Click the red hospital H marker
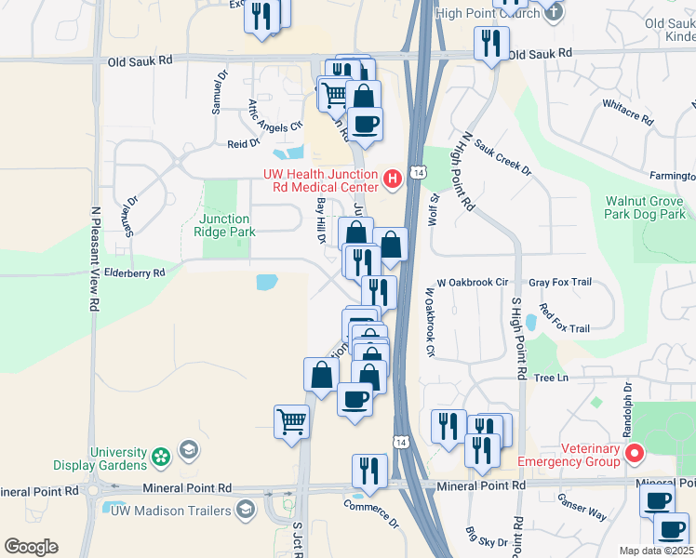pos(393,177)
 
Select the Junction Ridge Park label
pos(224,225)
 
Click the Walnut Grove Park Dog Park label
pos(645,207)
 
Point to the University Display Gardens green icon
pos(162,457)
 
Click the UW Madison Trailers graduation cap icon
pos(246,509)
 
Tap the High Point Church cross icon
pos(554,12)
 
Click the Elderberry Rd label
pos(134,273)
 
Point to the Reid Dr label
pos(243,143)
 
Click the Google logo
pos(31,547)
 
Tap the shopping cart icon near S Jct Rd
pos(291,420)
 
